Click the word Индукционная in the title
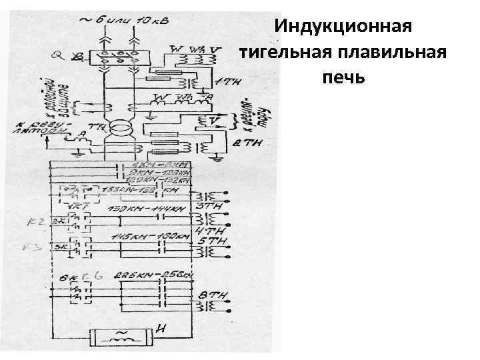click(x=343, y=27)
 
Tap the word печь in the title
click(x=343, y=77)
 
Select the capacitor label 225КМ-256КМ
click(x=154, y=275)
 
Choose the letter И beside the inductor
click(x=160, y=328)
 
